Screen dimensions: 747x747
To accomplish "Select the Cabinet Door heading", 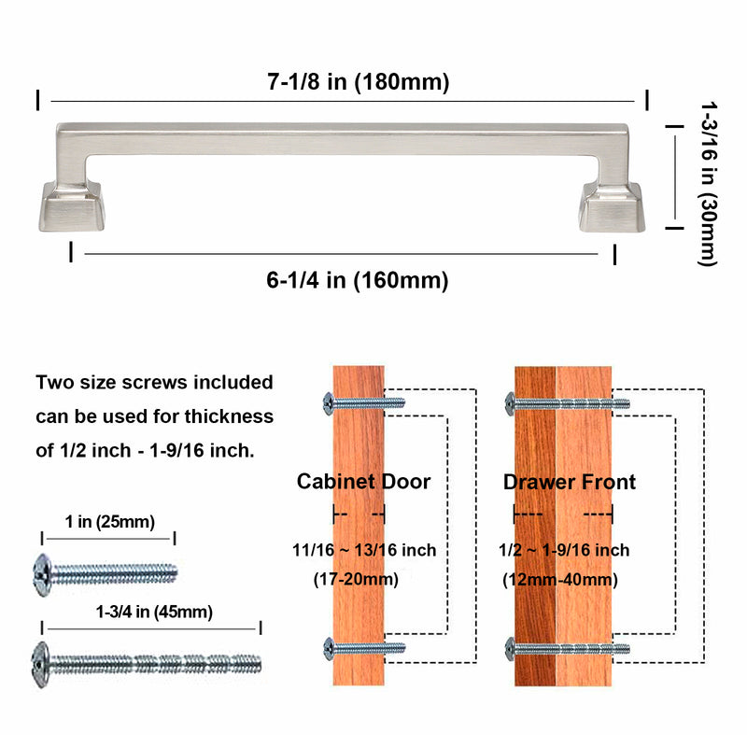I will point(363,482).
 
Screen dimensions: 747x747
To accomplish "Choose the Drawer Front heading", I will point(570,482).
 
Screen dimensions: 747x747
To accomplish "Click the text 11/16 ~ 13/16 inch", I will point(363,550).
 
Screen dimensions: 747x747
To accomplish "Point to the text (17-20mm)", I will point(355,579).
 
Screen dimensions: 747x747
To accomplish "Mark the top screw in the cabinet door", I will point(364,402).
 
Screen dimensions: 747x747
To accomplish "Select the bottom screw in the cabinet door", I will point(364,646).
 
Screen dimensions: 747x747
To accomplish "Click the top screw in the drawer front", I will point(568,403).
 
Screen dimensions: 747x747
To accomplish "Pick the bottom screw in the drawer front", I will point(568,646).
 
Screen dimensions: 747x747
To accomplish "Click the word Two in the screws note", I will point(55,382).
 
